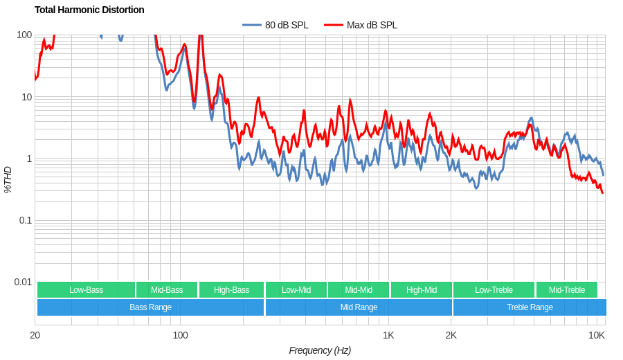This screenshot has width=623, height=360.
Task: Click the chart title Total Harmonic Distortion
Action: [x=89, y=10]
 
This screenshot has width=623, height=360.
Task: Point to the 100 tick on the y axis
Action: [x=24, y=35]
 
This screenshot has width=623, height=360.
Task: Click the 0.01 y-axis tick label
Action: [x=23, y=282]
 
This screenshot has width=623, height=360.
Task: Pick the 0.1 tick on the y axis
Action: [x=25, y=220]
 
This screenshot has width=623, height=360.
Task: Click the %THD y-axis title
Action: [x=8, y=179]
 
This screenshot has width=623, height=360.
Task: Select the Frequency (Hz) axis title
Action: [x=320, y=350]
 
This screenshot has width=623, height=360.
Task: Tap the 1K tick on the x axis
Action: [x=388, y=335]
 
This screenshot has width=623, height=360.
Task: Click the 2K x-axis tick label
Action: [x=451, y=335]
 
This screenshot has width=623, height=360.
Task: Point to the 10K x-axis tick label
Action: [x=597, y=335]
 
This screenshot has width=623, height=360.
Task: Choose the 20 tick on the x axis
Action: [x=35, y=335]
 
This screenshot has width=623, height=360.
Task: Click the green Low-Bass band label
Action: [x=86, y=290]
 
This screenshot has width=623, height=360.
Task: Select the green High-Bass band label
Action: [x=231, y=290]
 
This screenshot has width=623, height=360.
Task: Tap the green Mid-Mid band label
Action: [x=359, y=290]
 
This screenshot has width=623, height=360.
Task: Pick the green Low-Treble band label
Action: [x=494, y=290]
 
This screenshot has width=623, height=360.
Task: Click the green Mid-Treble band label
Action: [x=566, y=290]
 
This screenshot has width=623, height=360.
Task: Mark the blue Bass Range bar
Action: [x=150, y=307]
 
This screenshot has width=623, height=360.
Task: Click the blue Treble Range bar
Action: [x=530, y=307]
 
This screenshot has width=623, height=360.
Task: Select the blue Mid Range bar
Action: [x=359, y=307]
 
